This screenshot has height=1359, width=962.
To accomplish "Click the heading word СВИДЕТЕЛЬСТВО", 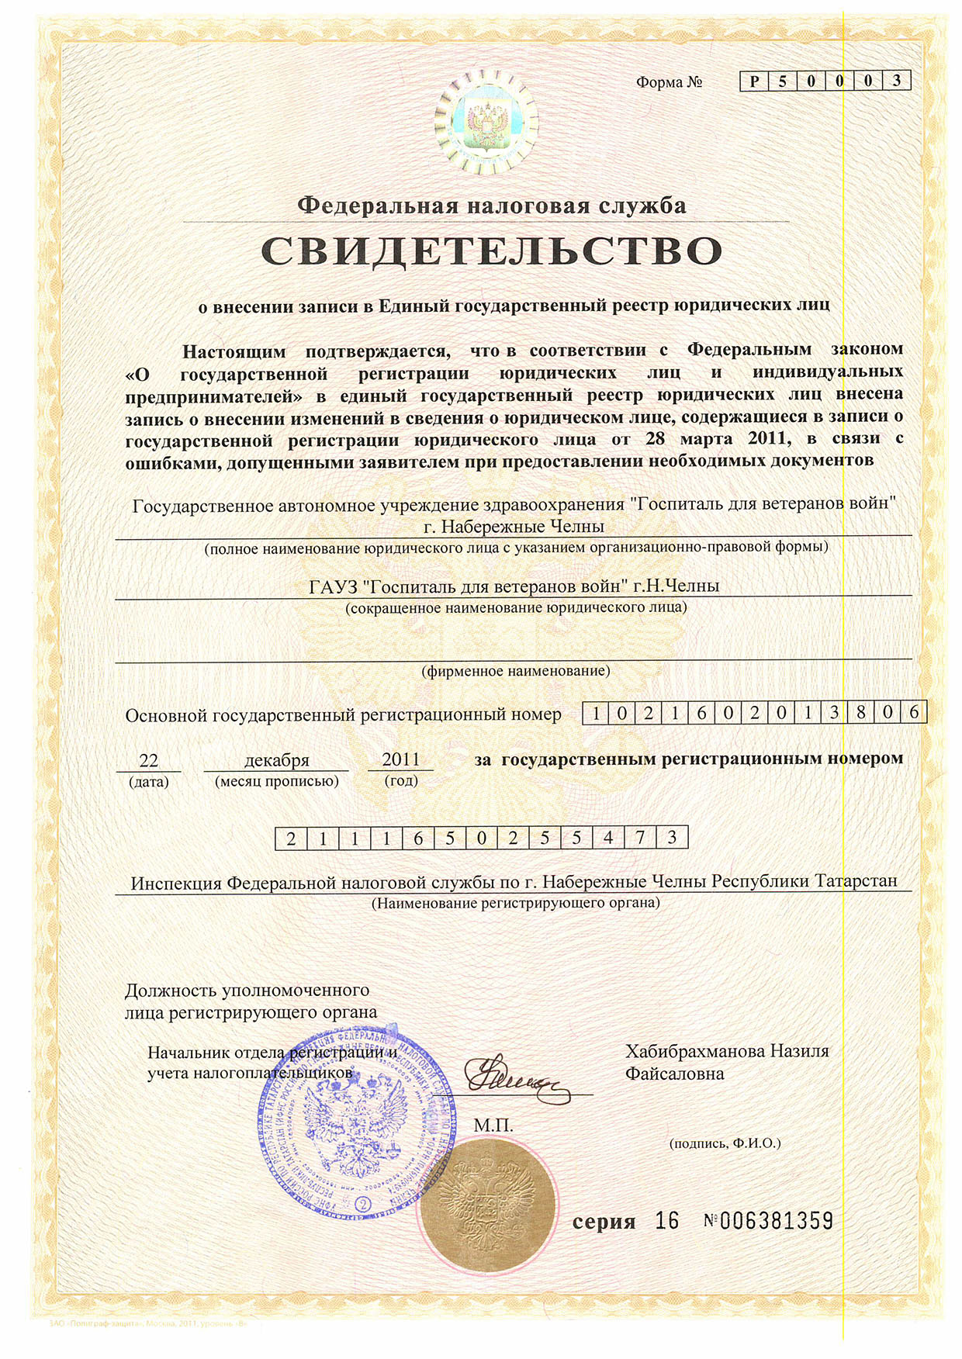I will [492, 251].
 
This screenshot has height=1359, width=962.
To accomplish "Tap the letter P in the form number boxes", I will [754, 81].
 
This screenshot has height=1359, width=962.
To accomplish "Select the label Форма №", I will [669, 82].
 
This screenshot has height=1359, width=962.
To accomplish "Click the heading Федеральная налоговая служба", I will [492, 206].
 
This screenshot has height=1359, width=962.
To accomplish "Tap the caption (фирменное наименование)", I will [516, 670].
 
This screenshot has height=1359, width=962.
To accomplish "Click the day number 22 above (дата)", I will [148, 760].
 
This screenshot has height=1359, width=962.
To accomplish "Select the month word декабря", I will [277, 760].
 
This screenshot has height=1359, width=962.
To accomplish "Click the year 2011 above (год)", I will [400, 759].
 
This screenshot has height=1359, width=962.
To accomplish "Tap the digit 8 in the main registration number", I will [860, 712].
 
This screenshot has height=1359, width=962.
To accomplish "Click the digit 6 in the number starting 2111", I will [417, 839].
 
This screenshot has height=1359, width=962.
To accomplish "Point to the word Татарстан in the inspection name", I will [857, 881].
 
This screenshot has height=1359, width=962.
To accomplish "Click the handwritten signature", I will [514, 1076].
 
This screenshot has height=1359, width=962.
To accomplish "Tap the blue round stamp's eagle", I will [353, 1122].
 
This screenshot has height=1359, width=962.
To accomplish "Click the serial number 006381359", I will [776, 1221].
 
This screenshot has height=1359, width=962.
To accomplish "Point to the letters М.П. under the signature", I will [493, 1124].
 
